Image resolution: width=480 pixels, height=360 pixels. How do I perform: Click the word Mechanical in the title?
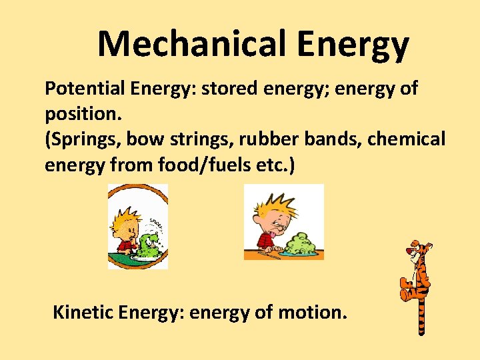pyautogui.click(x=191, y=45)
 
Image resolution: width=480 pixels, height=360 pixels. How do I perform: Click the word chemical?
pyautogui.click(x=411, y=139)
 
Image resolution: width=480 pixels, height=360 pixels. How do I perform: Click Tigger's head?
pyautogui.click(x=418, y=251)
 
